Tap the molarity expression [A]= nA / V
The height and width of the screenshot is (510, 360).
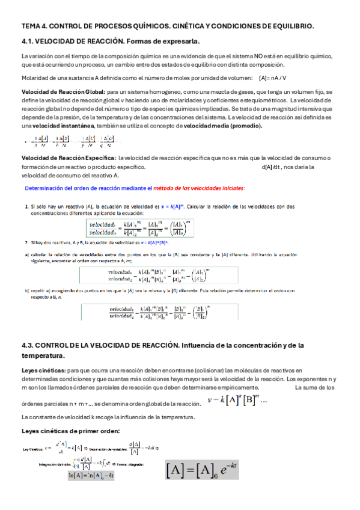(x=273, y=78)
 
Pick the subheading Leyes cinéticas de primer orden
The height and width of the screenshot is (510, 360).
(x=70, y=431)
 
